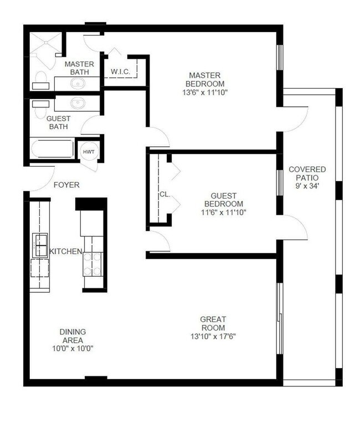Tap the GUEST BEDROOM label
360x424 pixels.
click(x=224, y=204)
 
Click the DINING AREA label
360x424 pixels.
click(x=73, y=335)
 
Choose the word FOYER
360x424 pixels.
click(x=66, y=185)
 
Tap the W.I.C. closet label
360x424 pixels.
click(x=120, y=71)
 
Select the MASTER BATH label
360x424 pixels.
click(x=79, y=68)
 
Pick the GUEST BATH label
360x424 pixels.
click(x=57, y=122)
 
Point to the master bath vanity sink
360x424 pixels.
click(x=78, y=84)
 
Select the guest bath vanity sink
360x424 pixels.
click(x=78, y=103)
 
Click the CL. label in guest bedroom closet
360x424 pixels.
click(x=164, y=194)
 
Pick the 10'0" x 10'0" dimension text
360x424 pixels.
click(x=73, y=349)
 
